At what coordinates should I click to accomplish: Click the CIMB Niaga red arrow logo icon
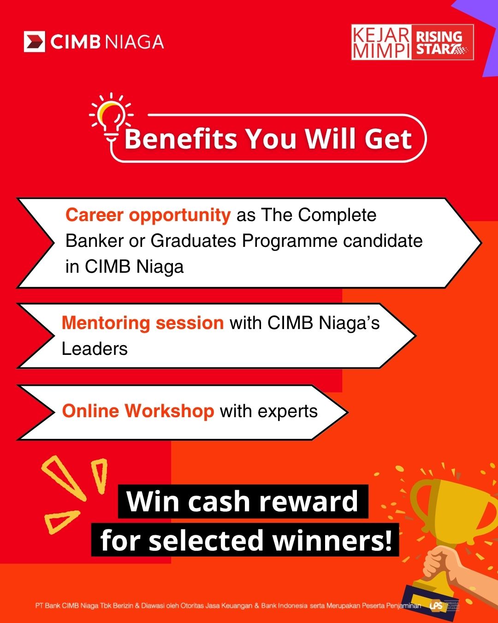point(35,42)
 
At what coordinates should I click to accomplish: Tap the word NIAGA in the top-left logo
point(134,42)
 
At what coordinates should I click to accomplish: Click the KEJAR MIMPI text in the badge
point(381,42)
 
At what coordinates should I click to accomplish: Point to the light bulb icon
point(111,117)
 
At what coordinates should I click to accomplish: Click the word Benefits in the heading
point(181,139)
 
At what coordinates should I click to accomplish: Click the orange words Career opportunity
point(148,216)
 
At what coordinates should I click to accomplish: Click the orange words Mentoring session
point(142,323)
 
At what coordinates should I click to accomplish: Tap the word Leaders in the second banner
point(95,348)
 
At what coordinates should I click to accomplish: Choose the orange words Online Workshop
point(138,411)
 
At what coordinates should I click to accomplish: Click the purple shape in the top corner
point(480,35)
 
